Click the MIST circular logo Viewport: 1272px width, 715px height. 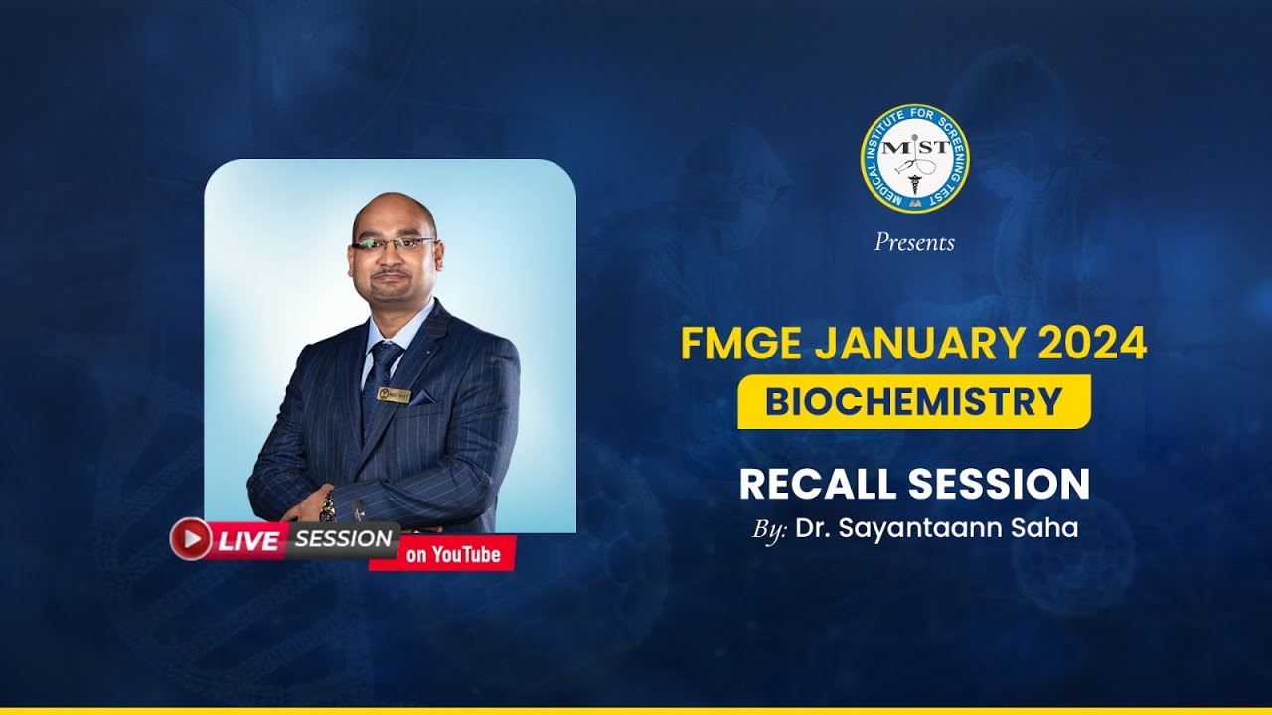(x=914, y=158)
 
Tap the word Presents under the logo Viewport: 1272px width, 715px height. (x=914, y=242)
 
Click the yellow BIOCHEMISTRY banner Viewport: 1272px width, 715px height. (x=913, y=401)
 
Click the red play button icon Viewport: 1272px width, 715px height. (x=190, y=539)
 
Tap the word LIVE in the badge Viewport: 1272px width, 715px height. (x=248, y=541)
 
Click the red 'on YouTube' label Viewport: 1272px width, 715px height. (x=452, y=554)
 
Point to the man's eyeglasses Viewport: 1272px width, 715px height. (x=395, y=242)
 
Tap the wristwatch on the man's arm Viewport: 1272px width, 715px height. (x=328, y=506)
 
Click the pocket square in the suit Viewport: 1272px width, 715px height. (x=421, y=397)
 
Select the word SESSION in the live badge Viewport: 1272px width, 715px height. (x=344, y=539)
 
